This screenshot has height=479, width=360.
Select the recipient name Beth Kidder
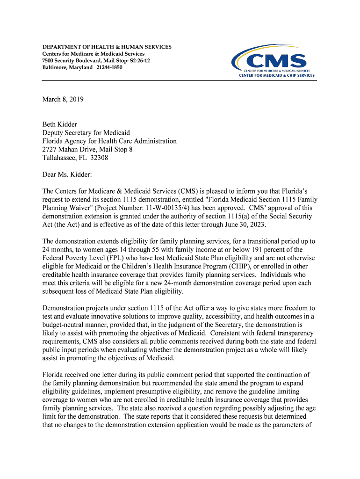[x=60, y=124]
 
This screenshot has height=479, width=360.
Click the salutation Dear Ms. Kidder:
[x=67, y=174]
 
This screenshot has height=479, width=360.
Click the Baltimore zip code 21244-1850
[x=109, y=67]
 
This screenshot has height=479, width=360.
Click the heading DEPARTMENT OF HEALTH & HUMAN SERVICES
[x=107, y=47]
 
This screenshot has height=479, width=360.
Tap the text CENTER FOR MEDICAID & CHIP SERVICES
[x=277, y=75]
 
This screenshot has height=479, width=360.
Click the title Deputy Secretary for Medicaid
[x=86, y=133]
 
